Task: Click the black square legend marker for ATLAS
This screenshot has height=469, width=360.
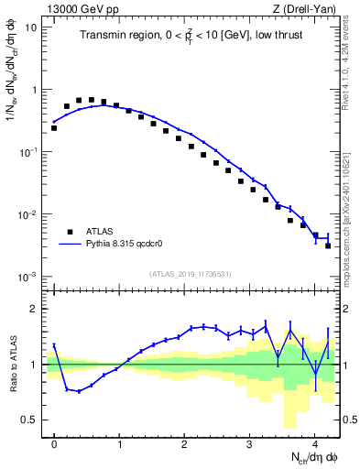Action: click(x=70, y=231)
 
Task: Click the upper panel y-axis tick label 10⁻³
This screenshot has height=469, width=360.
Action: click(x=30, y=277)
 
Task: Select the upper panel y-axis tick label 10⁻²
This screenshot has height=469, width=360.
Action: click(x=30, y=214)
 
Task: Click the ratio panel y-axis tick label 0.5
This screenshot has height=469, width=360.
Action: click(x=31, y=420)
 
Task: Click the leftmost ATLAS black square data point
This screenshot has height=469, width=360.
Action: click(x=54, y=128)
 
